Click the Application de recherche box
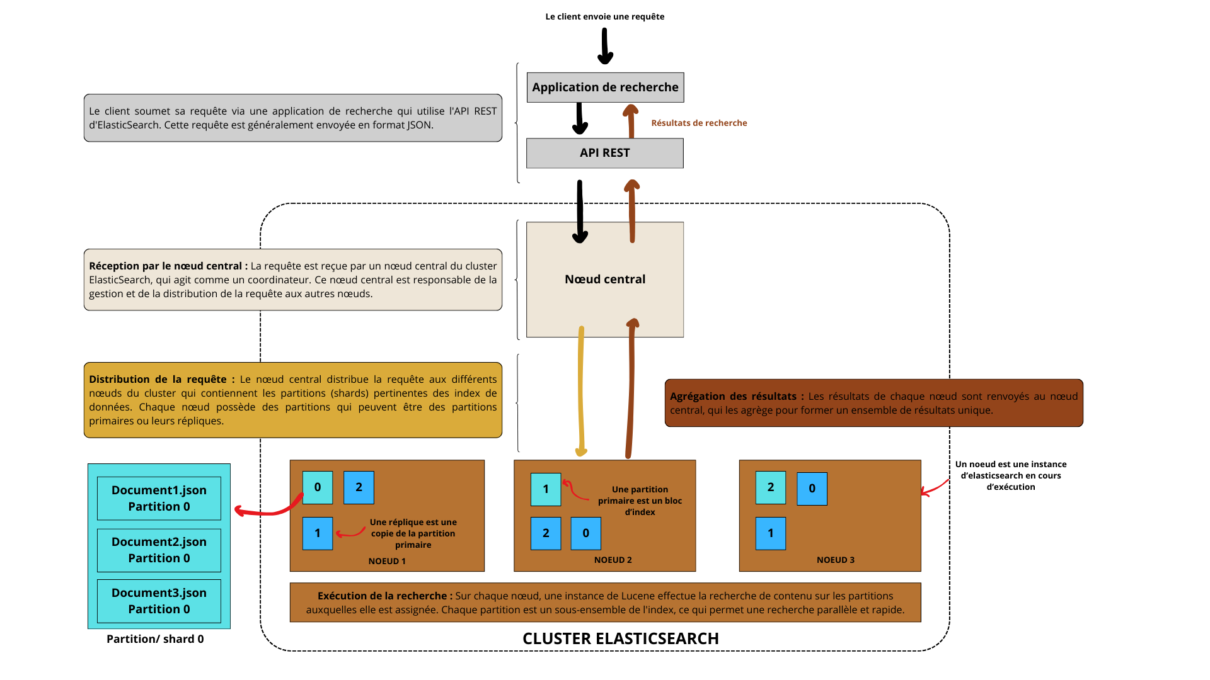[x=605, y=88]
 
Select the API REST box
[x=605, y=153]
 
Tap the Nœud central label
[x=605, y=279]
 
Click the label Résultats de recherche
[x=699, y=123]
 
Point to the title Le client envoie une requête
[x=605, y=16]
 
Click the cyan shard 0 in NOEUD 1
[x=318, y=487]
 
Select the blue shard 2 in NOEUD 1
[x=359, y=487]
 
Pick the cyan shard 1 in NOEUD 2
[x=546, y=489]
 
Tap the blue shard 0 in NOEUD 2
[x=585, y=533]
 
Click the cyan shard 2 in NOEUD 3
[x=771, y=487]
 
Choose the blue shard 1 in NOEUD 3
[x=771, y=533]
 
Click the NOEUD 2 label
[x=613, y=560]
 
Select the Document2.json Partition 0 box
[x=159, y=550]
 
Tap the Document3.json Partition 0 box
[x=159, y=601]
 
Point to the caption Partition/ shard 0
[x=155, y=639]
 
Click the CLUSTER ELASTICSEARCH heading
[x=621, y=638]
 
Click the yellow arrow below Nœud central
[x=580, y=390]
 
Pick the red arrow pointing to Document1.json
[x=268, y=511]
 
